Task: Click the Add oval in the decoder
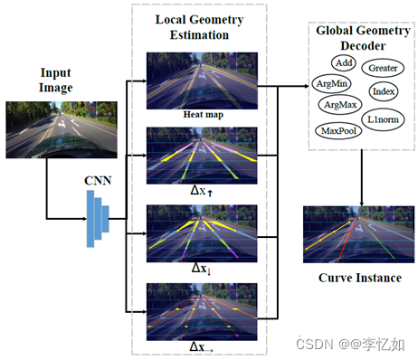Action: click(x=342, y=62)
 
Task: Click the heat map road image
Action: click(x=202, y=81)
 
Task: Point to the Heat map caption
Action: click(x=202, y=115)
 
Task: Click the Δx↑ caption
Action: click(x=202, y=193)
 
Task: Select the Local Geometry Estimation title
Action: click(x=201, y=26)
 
